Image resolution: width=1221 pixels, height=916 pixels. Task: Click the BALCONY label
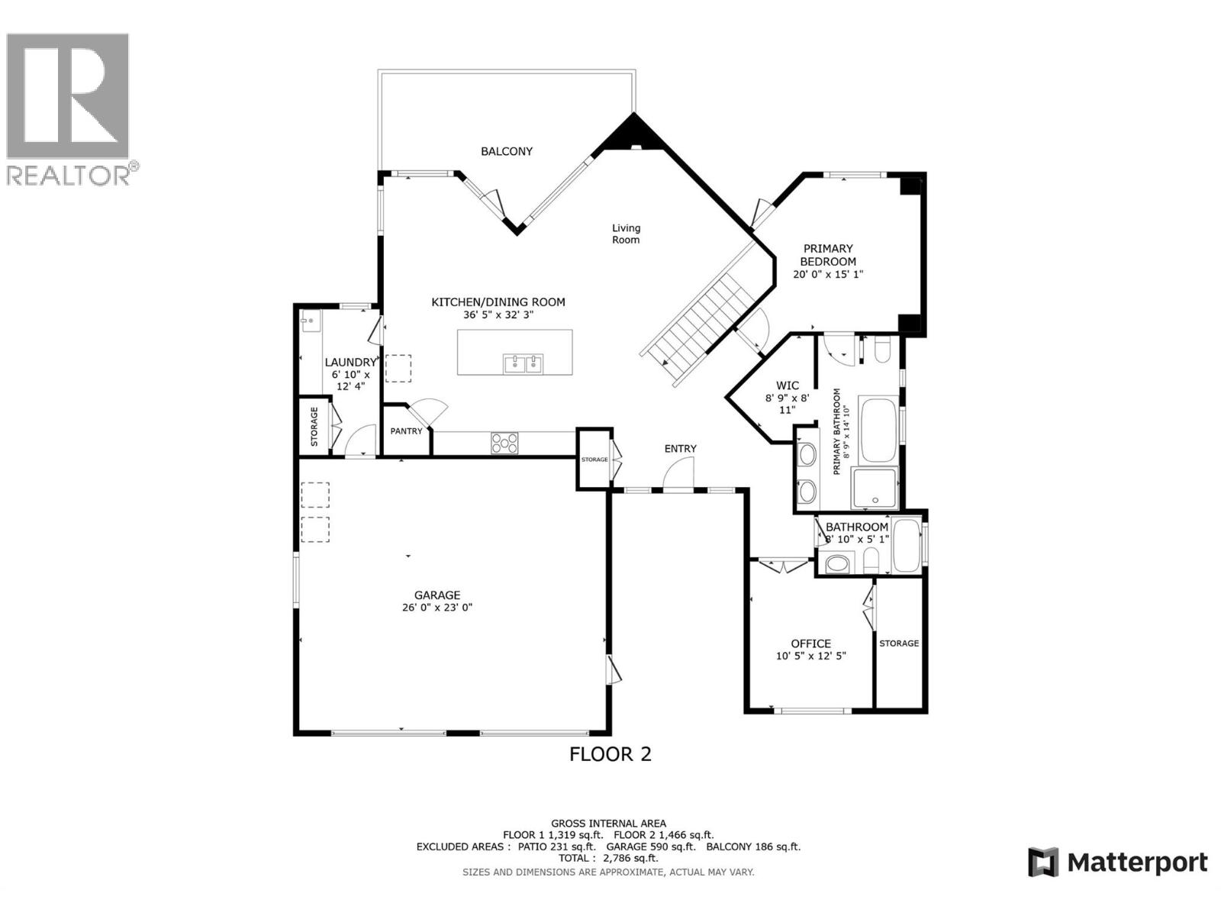(506, 151)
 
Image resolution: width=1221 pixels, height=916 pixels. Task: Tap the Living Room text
(626, 234)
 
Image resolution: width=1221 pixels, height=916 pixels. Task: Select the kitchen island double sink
(523, 363)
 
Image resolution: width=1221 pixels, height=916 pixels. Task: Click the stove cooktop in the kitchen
(504, 443)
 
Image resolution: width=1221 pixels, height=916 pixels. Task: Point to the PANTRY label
(406, 431)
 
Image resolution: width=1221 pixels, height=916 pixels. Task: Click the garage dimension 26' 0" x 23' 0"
(437, 608)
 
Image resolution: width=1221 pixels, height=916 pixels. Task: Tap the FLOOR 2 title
(610, 754)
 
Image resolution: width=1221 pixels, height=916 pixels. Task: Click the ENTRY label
(680, 449)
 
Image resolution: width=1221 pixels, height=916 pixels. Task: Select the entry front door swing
(678, 477)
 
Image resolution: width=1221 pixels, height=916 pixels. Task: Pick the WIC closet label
(787, 385)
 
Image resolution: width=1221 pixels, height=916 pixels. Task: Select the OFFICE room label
(810, 643)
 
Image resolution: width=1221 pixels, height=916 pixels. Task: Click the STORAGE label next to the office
(899, 643)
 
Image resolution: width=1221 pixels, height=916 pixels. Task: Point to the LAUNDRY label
(350, 363)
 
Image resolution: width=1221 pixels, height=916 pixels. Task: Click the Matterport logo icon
(1043, 863)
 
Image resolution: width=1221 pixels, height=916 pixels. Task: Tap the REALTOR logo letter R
(67, 95)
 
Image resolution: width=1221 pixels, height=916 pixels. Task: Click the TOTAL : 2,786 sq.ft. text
(608, 858)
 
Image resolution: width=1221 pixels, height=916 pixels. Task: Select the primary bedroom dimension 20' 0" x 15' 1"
(828, 274)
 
